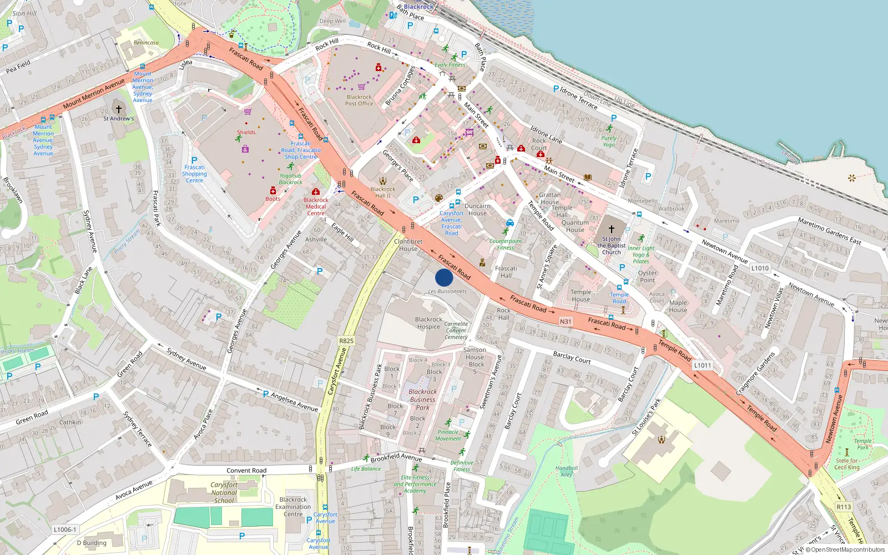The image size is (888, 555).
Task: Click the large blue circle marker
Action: coord(444,277)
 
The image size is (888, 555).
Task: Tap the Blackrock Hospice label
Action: coord(428,323)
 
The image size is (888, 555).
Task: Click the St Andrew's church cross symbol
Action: coord(118,109)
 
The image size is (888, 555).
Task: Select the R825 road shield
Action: coord(346,341)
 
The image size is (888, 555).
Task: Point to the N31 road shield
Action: coord(565,321)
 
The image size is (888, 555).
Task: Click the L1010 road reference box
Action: coord(760,268)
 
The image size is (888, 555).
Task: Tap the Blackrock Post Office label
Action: coord(359,100)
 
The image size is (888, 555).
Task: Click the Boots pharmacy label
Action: coord(273,199)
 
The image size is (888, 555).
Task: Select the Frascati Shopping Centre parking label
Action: coord(194,173)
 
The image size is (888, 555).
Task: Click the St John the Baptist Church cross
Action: coord(612,229)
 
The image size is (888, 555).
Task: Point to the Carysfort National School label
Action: coord(224,492)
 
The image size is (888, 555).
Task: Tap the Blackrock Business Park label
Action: coord(422,399)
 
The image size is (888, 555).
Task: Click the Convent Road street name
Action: coord(246,470)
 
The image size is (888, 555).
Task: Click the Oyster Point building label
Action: coord(647,276)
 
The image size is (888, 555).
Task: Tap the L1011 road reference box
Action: coord(702,365)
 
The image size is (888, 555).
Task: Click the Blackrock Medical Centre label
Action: coord(316,206)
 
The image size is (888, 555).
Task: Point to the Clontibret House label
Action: coord(408,245)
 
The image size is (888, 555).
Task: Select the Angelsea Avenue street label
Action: coord(294,402)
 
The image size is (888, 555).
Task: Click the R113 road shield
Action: coord(844,507)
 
